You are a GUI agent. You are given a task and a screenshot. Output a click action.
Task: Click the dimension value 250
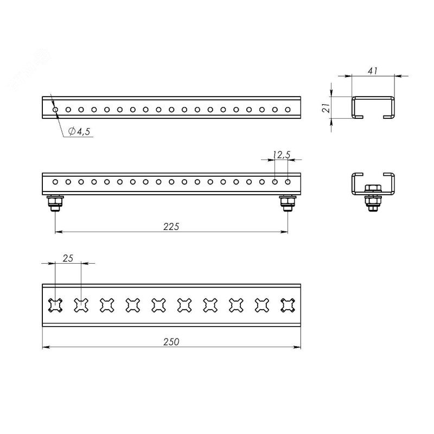(x=171, y=342)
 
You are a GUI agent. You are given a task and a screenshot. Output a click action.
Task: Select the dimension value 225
(x=171, y=226)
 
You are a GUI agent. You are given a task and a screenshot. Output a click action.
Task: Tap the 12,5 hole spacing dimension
(x=281, y=155)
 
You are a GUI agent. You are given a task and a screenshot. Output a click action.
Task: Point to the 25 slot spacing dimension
(x=68, y=258)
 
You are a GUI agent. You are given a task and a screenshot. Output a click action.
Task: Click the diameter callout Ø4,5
(x=79, y=131)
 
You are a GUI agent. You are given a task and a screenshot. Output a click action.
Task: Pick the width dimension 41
(x=373, y=71)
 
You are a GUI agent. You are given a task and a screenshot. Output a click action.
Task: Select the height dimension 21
(x=327, y=107)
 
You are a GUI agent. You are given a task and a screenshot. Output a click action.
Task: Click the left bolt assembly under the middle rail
(x=55, y=203)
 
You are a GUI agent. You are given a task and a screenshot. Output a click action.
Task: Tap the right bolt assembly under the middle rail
(x=288, y=203)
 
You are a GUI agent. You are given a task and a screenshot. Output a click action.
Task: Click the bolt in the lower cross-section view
(x=373, y=198)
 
